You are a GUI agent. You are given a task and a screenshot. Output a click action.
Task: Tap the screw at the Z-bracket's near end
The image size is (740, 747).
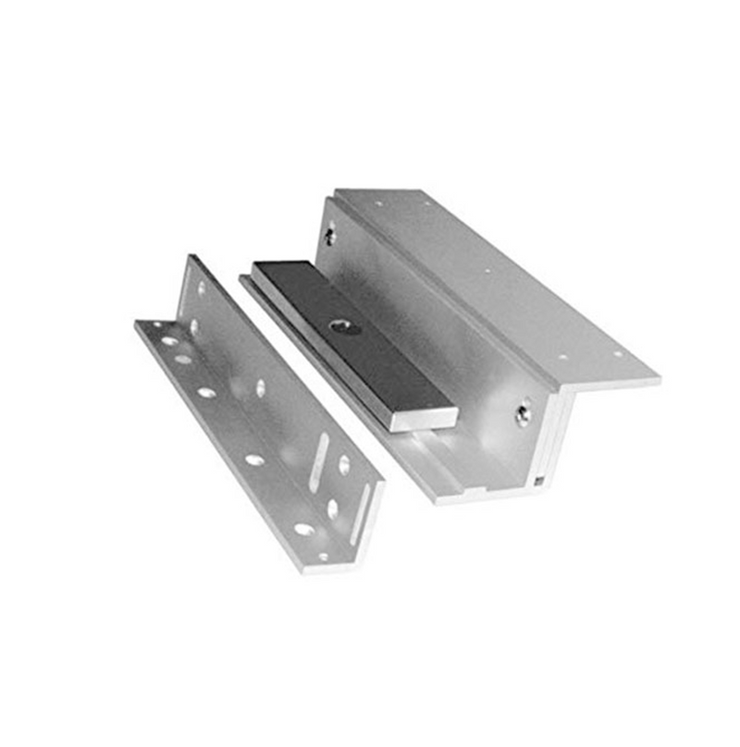coord(524,412)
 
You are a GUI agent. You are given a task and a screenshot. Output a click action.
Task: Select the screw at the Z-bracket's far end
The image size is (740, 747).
coord(329,236)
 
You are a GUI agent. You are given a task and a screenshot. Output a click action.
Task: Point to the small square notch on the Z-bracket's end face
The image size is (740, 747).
coord(537,479)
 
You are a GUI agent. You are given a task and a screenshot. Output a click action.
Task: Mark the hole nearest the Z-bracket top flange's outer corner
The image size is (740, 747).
coord(618,353)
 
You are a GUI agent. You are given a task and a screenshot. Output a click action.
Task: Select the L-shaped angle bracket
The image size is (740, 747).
coord(259,416)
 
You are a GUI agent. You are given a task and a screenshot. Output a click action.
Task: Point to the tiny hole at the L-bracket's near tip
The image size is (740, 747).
coord(323,557)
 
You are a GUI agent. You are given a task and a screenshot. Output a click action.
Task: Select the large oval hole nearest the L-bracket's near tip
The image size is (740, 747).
coord(302,529)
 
